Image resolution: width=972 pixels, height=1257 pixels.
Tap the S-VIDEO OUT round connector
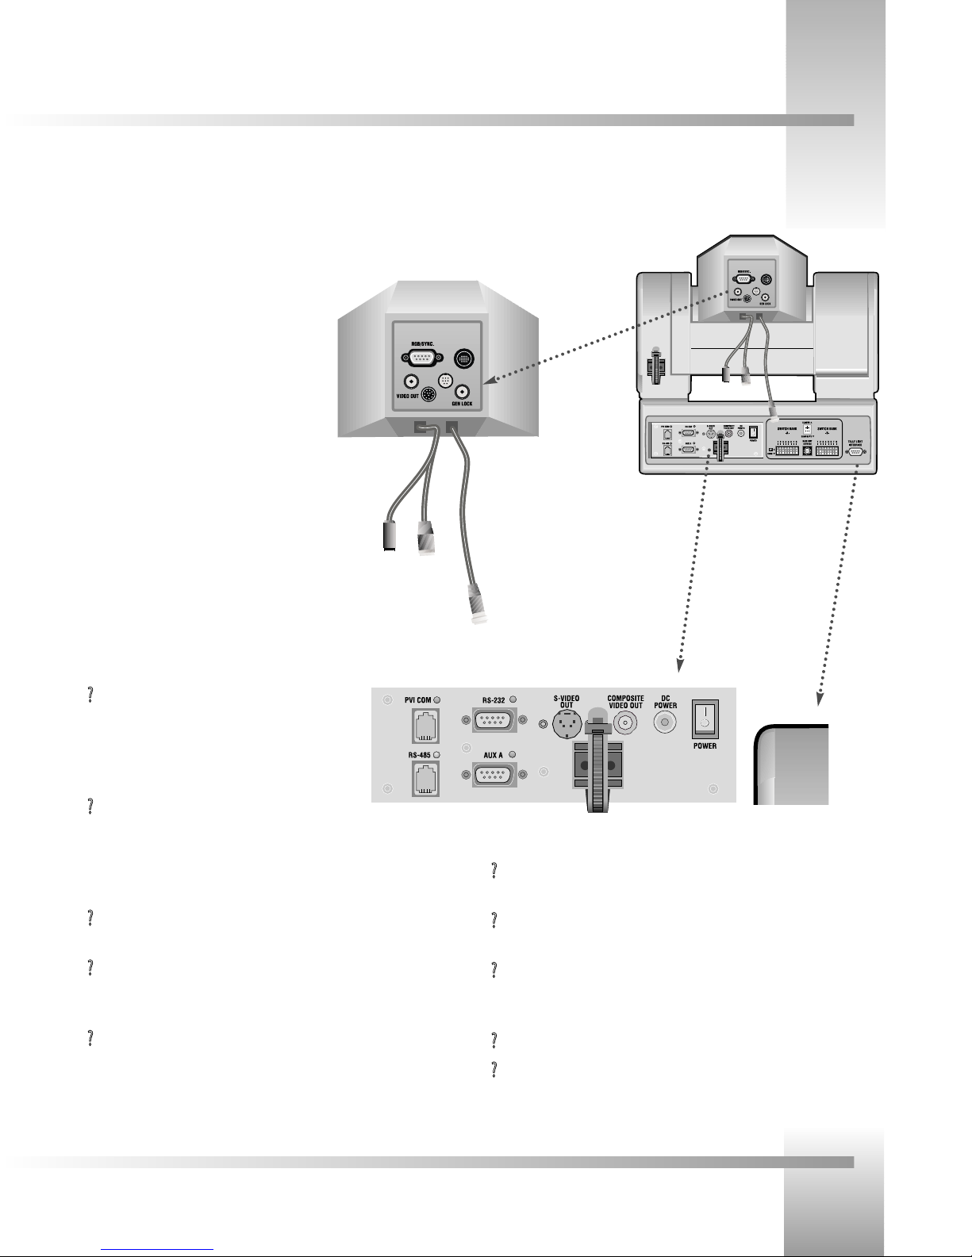[x=567, y=722]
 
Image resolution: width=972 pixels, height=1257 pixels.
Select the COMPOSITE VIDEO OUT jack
[x=628, y=722]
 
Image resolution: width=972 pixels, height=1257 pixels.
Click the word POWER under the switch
[x=704, y=745]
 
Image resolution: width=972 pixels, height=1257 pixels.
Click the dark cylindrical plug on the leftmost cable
[x=388, y=536]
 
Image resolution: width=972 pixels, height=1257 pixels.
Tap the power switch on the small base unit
[x=754, y=435]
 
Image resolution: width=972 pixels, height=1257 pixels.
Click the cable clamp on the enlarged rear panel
[x=595, y=765]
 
